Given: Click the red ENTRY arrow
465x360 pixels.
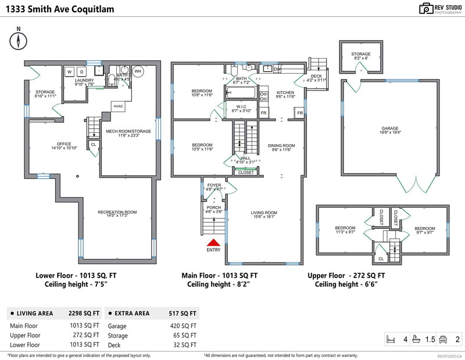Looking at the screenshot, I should (213, 244).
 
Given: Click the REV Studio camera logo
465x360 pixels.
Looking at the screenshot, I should (426, 8).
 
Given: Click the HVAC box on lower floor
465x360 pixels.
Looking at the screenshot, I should (119, 106).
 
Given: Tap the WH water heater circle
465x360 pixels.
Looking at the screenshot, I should (138, 71).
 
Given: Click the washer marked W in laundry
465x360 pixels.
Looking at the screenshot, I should (69, 72).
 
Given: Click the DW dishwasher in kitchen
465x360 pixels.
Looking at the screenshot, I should (277, 69).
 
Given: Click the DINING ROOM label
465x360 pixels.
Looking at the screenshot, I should (281, 146).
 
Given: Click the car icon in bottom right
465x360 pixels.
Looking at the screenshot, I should (442, 339).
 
